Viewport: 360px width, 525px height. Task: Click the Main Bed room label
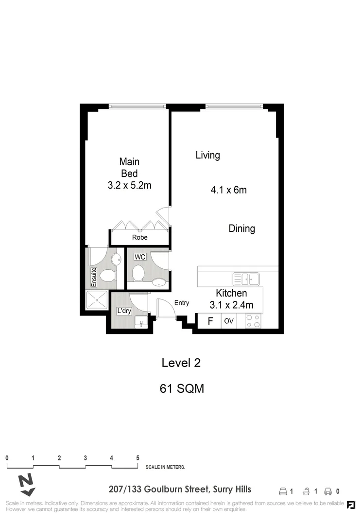click(x=129, y=167)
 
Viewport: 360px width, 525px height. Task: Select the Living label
click(x=207, y=156)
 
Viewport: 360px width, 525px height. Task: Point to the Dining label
click(x=241, y=228)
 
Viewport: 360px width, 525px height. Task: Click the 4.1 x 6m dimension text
click(x=228, y=190)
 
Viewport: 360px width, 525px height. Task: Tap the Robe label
click(x=139, y=238)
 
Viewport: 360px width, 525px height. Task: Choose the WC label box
click(x=140, y=256)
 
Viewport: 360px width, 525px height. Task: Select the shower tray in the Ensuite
click(x=98, y=300)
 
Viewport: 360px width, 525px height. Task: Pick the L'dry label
click(x=123, y=311)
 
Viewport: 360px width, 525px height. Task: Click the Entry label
click(x=181, y=303)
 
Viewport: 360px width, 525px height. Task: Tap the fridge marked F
click(x=210, y=321)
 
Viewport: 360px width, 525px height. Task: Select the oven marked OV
click(x=229, y=321)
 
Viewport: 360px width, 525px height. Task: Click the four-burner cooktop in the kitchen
click(x=253, y=321)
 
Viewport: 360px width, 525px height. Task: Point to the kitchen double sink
click(x=246, y=279)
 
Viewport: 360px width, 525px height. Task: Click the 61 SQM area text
click(x=181, y=388)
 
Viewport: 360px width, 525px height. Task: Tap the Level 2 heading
click(x=181, y=363)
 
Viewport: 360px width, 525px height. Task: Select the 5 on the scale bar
click(x=138, y=458)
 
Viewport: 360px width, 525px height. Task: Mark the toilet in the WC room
click(x=138, y=273)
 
